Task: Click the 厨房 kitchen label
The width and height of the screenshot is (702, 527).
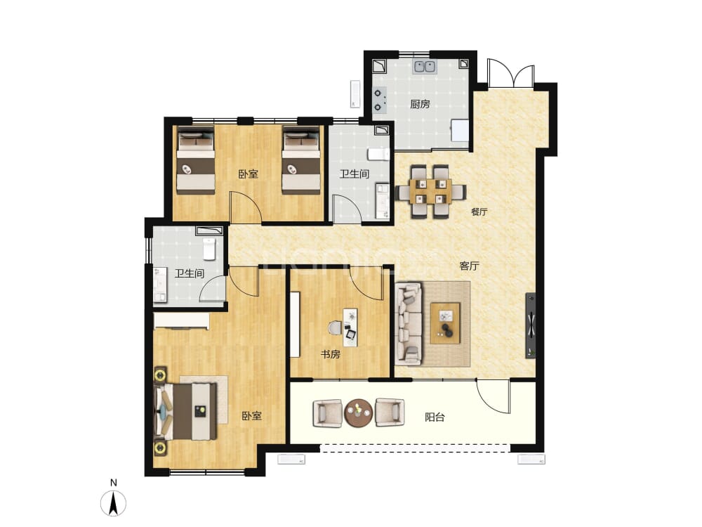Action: click(x=420, y=105)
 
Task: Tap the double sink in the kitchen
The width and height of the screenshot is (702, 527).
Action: click(x=425, y=66)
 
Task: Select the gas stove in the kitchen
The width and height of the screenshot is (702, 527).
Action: click(x=380, y=100)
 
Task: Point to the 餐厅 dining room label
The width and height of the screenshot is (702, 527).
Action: click(x=479, y=212)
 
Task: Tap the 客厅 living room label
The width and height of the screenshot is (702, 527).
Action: click(x=469, y=266)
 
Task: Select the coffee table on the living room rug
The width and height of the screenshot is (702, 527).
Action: click(x=445, y=323)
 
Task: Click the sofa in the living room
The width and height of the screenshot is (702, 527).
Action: click(x=409, y=323)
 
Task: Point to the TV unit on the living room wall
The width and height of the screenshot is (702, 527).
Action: click(x=530, y=325)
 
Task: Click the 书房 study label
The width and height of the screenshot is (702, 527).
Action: click(x=331, y=354)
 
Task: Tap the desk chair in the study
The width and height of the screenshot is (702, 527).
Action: click(x=335, y=328)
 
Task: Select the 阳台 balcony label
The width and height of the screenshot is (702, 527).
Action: click(x=435, y=417)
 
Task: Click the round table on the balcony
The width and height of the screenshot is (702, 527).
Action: click(x=358, y=412)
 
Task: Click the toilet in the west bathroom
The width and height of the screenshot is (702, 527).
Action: click(x=209, y=249)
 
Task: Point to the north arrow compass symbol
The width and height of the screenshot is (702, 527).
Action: click(x=114, y=503)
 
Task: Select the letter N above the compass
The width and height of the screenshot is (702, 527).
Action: click(x=114, y=483)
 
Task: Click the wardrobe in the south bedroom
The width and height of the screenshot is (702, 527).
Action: click(x=181, y=321)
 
